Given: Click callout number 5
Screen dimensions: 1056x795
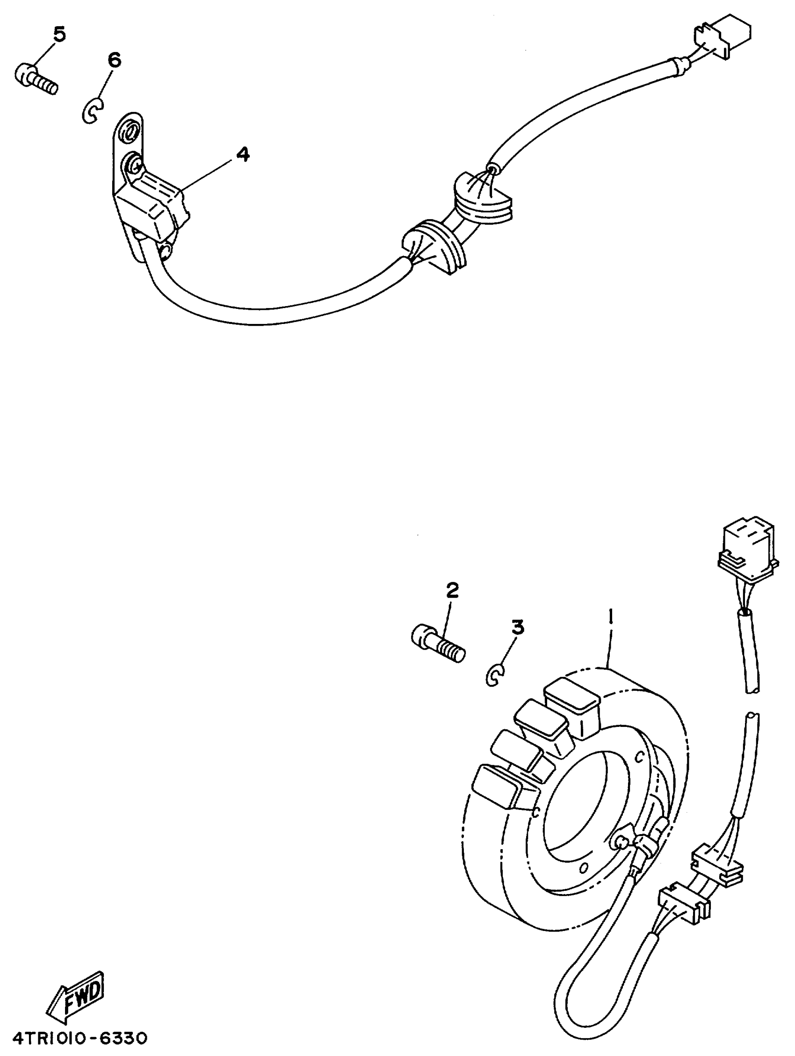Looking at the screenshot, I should click(x=59, y=34).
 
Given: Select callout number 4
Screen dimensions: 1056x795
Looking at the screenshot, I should click(x=243, y=154).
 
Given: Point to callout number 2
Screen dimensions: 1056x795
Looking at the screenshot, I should click(x=452, y=591).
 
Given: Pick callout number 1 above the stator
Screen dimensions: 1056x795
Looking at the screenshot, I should click(x=610, y=619).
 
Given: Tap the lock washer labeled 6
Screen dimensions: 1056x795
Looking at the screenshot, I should click(x=92, y=111).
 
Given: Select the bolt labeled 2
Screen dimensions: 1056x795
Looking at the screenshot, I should click(x=437, y=645).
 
